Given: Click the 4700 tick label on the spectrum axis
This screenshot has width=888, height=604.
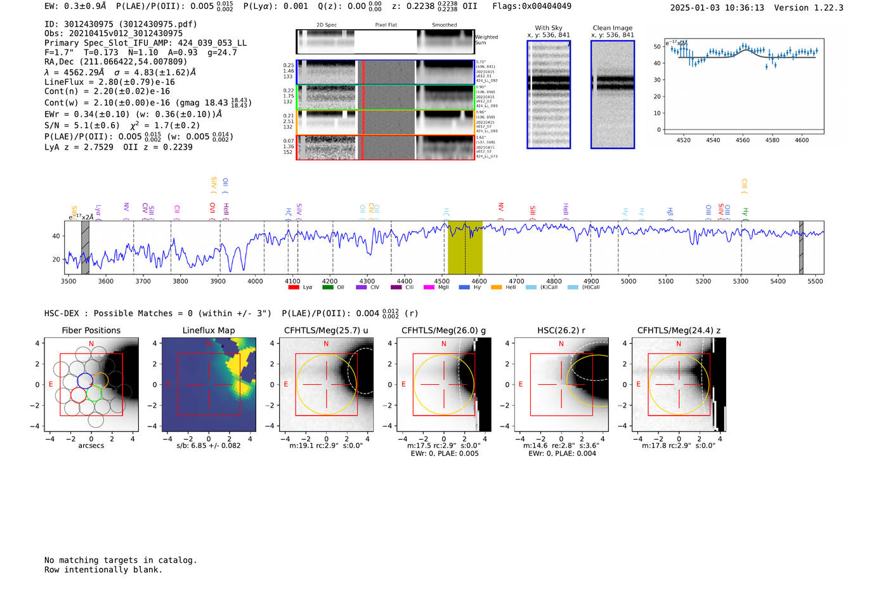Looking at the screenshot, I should pyautogui.click(x=516, y=281).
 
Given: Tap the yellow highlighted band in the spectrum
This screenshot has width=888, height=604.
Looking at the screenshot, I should pyautogui.click(x=465, y=247).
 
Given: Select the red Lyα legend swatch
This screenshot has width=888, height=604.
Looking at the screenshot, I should pyautogui.click(x=294, y=287).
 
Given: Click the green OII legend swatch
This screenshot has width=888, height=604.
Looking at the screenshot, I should pyautogui.click(x=327, y=287).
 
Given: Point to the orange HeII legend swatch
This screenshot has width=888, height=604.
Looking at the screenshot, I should pyautogui.click(x=496, y=287).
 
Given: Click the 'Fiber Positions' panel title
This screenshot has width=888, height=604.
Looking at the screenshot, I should pyautogui.click(x=91, y=330).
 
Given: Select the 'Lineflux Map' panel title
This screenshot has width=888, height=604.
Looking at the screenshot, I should pyautogui.click(x=209, y=330).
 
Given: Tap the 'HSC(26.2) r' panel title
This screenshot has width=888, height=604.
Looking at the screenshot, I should pyautogui.click(x=561, y=330).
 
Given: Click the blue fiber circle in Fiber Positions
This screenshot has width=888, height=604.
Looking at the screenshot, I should pyautogui.click(x=85, y=380).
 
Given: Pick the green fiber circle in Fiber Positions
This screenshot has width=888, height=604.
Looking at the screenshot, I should pyautogui.click(x=94, y=393).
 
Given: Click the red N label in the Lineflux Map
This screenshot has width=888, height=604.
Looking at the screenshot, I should pyautogui.click(x=209, y=344).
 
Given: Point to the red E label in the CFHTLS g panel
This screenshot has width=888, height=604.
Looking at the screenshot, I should pyautogui.click(x=403, y=385).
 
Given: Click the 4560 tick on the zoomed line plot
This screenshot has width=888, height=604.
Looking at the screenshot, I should pyautogui.click(x=742, y=140).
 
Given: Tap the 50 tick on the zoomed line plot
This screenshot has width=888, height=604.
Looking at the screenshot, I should pyautogui.click(x=657, y=47).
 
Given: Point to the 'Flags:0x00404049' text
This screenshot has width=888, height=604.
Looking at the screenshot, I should pyautogui.click(x=532, y=6).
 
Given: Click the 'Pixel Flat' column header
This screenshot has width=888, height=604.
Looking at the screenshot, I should pyautogui.click(x=386, y=25).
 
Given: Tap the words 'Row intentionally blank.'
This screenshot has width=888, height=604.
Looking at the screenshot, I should pyautogui.click(x=103, y=570).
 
